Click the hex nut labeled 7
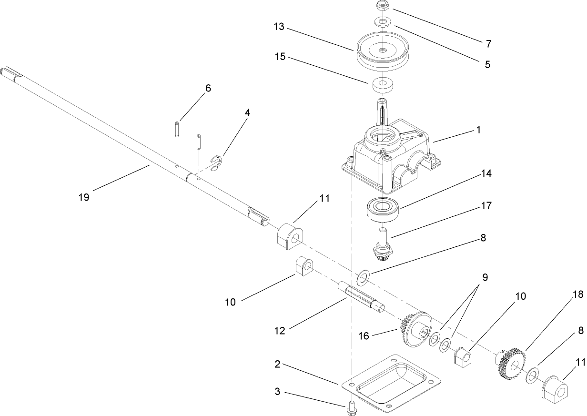[x=382, y=6]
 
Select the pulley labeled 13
[x=383, y=51]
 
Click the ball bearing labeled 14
[x=384, y=209]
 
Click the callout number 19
[x=84, y=197]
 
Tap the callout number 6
[x=208, y=88]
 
